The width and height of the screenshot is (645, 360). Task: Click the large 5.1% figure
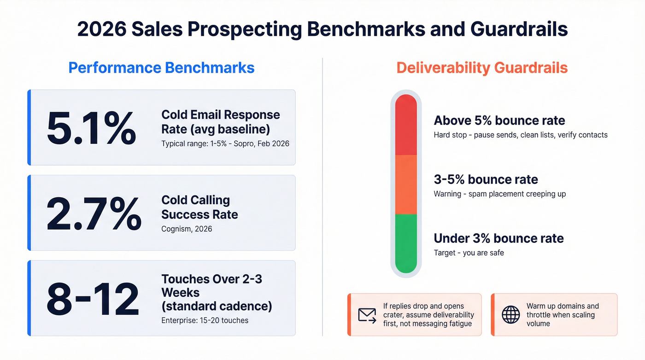coord(91,128)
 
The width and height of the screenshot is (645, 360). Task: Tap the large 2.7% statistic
coord(94,213)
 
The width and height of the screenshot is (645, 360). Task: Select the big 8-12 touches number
coord(93,298)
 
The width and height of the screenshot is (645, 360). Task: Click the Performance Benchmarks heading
coord(161,68)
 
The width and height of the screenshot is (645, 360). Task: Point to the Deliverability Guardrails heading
coord(482,68)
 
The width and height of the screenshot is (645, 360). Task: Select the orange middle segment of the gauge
coord(406,184)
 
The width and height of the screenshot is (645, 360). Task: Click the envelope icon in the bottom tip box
coord(367,315)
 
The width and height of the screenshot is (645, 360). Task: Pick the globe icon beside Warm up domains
coord(510,315)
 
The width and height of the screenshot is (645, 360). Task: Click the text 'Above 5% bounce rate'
coord(499,121)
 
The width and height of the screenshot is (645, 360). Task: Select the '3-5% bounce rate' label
coord(486,179)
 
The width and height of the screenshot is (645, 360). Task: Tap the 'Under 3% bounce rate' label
coord(498,238)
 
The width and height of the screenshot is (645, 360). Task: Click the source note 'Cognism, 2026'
coord(187,229)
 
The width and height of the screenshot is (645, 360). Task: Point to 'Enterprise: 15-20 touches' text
coord(205,320)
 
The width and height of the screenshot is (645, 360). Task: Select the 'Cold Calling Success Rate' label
coord(199,207)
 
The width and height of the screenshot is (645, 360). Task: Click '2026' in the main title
coord(101,29)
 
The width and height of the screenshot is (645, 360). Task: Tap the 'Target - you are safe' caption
coord(469,253)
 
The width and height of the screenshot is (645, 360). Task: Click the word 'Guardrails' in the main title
coord(519,29)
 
